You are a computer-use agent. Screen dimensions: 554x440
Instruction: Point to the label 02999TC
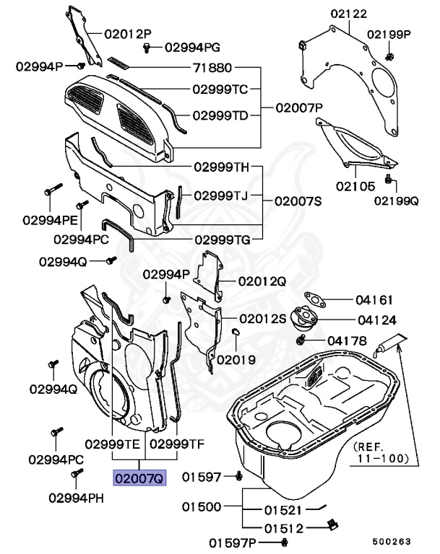[x=220, y=89]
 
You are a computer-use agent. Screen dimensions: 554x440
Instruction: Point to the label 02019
[x=235, y=358]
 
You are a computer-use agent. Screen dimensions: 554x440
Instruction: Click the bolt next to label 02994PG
[x=147, y=48]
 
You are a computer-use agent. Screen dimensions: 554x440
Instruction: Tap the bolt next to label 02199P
[x=389, y=56]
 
